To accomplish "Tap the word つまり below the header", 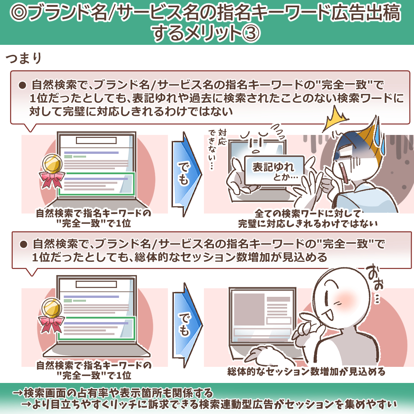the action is click(x=24, y=58).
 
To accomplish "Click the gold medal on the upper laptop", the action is click(x=52, y=163).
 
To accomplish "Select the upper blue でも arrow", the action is click(x=186, y=174).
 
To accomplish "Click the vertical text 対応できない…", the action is click(x=217, y=149).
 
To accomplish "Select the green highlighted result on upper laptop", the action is click(x=97, y=184).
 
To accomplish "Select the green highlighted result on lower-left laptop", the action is click(x=97, y=328).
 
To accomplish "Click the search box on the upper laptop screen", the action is click(x=96, y=140).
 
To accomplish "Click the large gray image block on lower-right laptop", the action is click(x=249, y=309).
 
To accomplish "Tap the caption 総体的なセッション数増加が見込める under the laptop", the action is click(x=306, y=372).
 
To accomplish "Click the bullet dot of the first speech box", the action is click(x=23, y=85).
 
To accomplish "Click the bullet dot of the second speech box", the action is click(x=23, y=244).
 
